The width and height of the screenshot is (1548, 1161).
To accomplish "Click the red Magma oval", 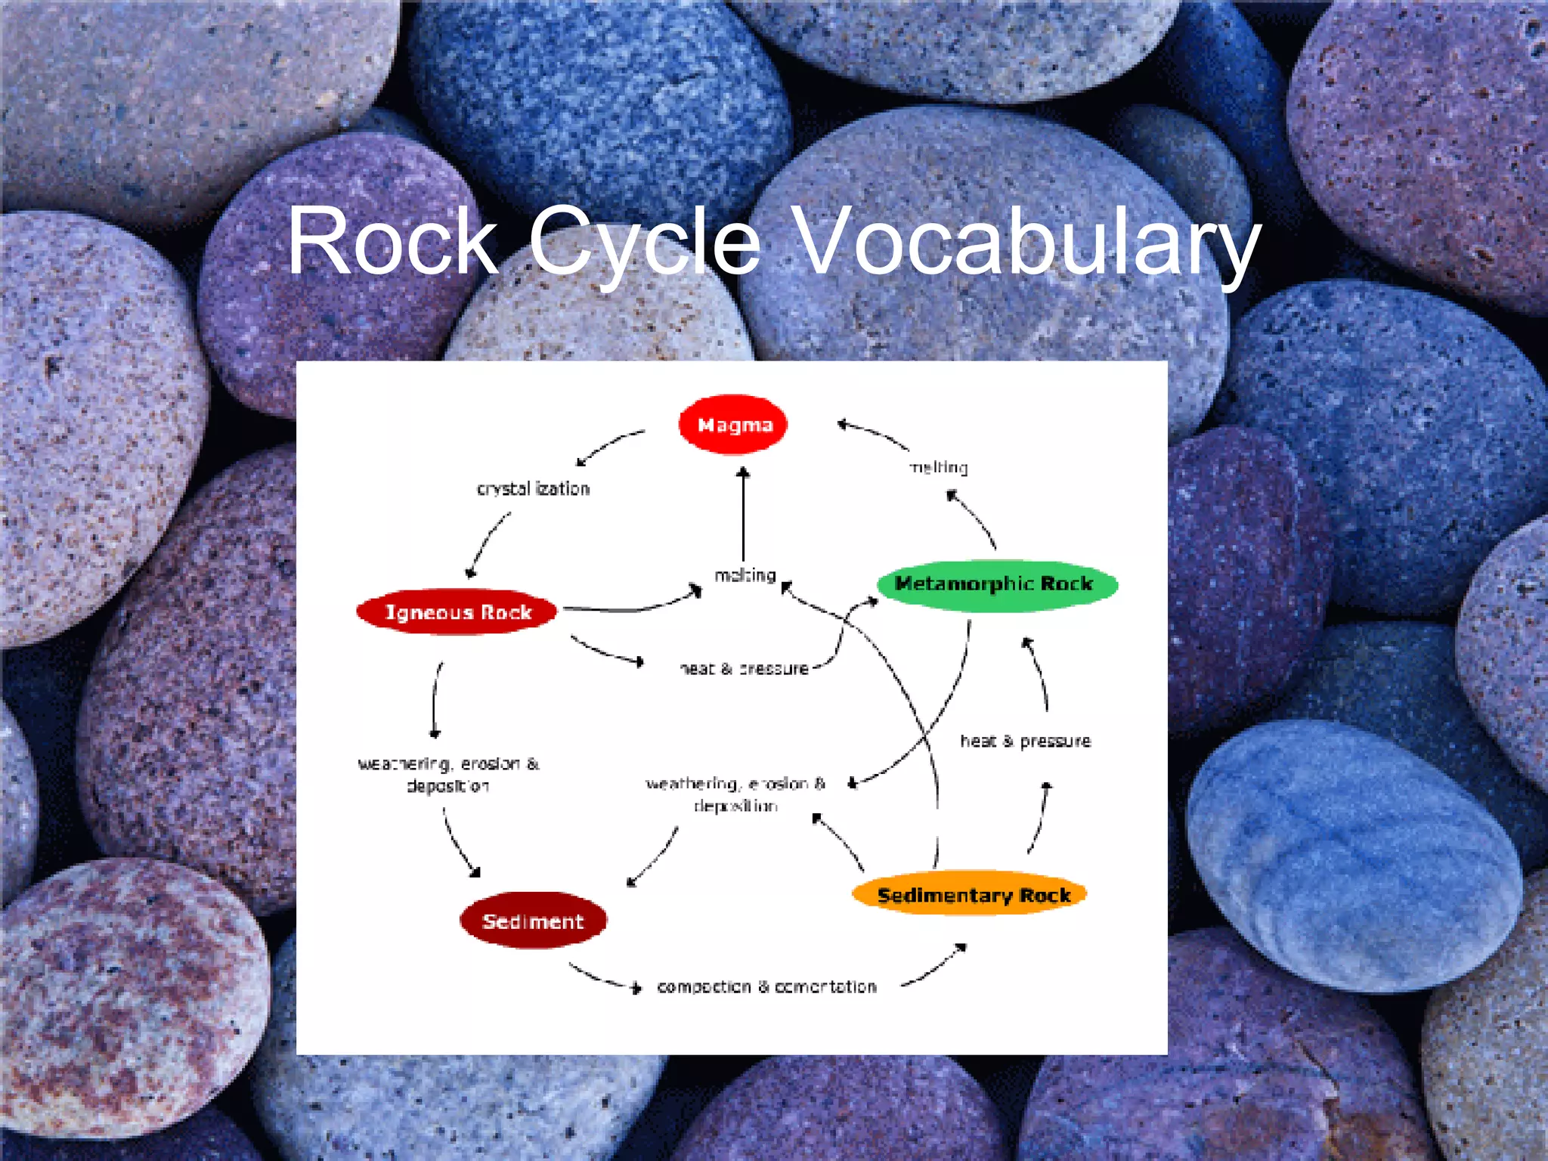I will click(732, 425).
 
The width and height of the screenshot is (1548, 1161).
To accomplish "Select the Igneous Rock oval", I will click(457, 611).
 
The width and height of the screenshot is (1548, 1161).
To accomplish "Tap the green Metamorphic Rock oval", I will click(996, 584).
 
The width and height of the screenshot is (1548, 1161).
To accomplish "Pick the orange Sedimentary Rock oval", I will click(971, 895).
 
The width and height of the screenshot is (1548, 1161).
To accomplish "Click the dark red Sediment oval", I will click(533, 921).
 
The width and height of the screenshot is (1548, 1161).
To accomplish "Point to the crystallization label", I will click(533, 489).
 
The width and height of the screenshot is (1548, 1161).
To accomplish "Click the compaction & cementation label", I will click(766, 986).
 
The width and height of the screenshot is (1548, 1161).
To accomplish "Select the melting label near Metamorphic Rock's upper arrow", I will click(939, 468).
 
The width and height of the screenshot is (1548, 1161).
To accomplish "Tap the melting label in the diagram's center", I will click(745, 576).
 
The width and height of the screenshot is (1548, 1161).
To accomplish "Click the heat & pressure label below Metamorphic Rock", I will click(1025, 741).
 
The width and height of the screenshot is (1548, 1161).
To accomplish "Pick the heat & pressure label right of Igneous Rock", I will click(745, 668).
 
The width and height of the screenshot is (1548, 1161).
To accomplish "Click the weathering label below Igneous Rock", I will click(448, 775).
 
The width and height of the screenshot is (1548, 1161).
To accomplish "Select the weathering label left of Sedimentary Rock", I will click(735, 794).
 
